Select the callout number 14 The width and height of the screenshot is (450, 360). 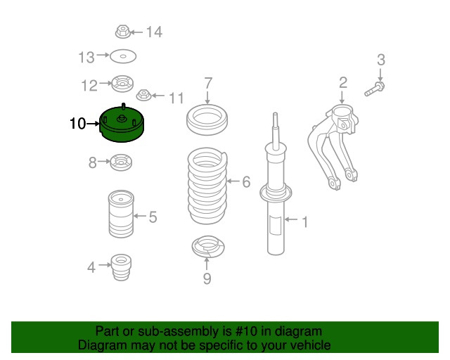[x=153, y=32]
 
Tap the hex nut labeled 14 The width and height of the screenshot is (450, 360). [x=122, y=32]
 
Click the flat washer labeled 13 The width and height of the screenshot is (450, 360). [x=123, y=56]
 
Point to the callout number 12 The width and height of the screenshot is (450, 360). [x=89, y=86]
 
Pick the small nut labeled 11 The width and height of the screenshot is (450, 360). [x=143, y=94]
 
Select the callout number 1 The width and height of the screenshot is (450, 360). [x=304, y=223]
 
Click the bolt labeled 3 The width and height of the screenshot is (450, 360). [x=374, y=89]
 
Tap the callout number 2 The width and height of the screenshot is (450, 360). [x=342, y=83]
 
